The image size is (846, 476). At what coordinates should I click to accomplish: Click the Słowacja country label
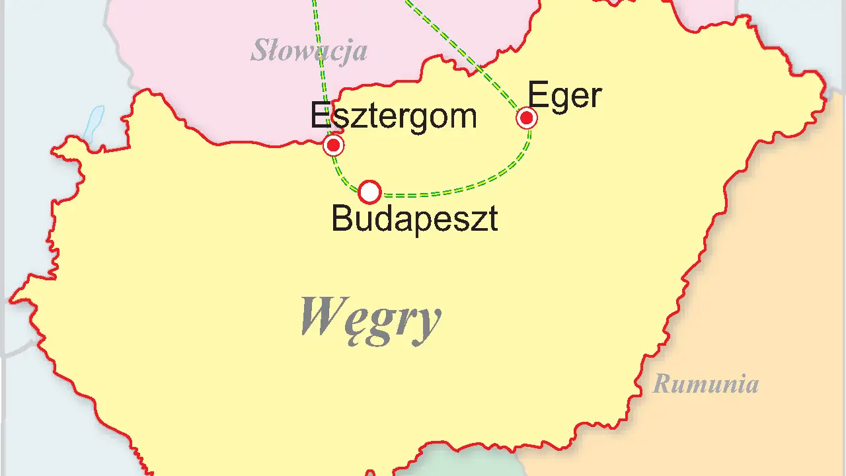(308, 51)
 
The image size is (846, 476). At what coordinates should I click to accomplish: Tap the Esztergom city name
(393, 116)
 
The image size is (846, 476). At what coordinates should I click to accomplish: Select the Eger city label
(564, 97)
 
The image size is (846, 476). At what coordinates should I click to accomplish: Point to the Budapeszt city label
(414, 218)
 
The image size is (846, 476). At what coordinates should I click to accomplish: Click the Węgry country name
(370, 318)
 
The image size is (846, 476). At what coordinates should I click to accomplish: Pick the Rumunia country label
(705, 384)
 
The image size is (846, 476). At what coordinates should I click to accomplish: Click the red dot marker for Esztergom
(334, 145)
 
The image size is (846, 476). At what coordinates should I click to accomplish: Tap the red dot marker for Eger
(527, 118)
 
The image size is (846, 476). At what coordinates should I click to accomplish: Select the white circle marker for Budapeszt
(369, 192)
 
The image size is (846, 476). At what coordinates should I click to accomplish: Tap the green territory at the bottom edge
(456, 463)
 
